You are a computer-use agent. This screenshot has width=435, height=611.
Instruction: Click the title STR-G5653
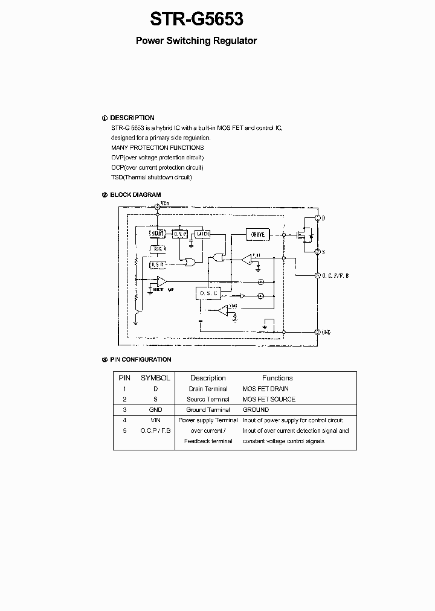click(196, 19)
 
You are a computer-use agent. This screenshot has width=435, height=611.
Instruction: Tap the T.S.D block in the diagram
click(158, 264)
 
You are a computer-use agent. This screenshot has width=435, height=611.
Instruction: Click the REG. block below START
click(158, 249)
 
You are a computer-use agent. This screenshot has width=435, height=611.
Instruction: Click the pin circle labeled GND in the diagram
click(318, 331)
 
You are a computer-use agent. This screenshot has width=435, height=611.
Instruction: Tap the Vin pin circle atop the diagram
click(157, 206)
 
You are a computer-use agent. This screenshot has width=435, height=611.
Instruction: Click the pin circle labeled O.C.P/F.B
click(318, 275)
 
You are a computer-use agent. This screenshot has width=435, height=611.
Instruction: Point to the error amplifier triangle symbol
click(161, 281)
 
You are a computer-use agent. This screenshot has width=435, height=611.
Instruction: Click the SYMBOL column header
click(155, 378)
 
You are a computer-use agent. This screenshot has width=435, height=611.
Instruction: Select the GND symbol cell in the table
click(155, 409)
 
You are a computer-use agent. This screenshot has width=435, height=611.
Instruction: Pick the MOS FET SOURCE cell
click(269, 399)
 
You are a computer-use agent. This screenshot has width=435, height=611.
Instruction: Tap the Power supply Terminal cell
click(208, 420)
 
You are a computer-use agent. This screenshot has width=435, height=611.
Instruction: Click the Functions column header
click(277, 378)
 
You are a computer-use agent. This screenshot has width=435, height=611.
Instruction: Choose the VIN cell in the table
click(155, 420)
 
